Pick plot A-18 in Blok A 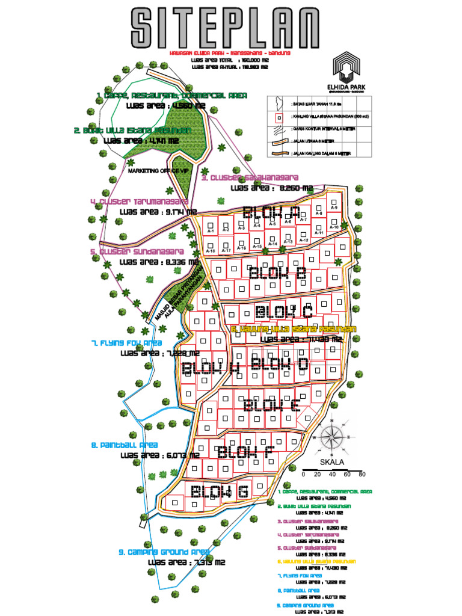(211, 247)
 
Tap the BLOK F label (243, 452)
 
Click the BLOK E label (271, 406)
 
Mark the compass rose (331, 438)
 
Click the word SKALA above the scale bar (333, 462)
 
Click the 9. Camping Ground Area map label (164, 552)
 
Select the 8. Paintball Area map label (125, 445)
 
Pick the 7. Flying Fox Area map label (127, 342)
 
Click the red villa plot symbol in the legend (279, 119)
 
